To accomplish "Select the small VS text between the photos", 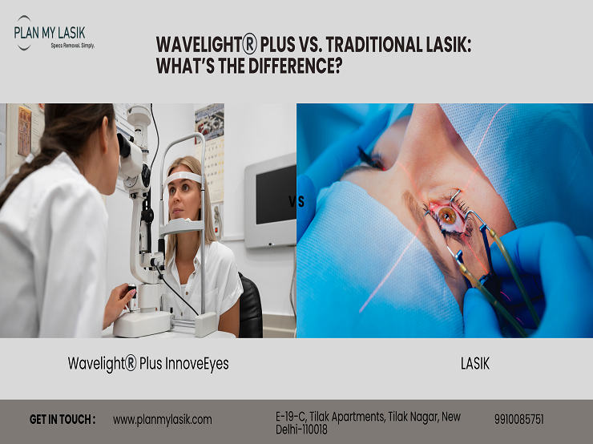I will [296, 202].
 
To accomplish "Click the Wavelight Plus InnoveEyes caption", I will [148, 364].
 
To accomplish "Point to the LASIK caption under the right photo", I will [474, 364].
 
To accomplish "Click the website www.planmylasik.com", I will [162, 419].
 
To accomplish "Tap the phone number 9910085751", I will [518, 419].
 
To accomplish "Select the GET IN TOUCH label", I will [63, 419].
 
